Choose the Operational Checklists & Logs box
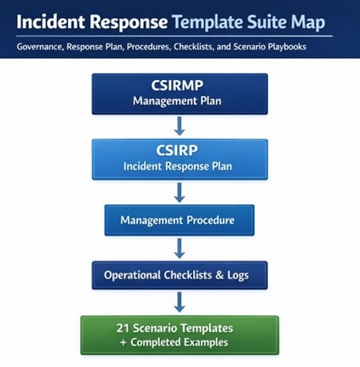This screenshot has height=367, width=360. coord(179,275)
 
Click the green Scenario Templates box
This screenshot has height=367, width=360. coord(179,335)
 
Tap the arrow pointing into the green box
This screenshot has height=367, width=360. coord(179,302)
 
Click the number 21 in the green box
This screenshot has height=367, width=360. coord(124,328)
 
